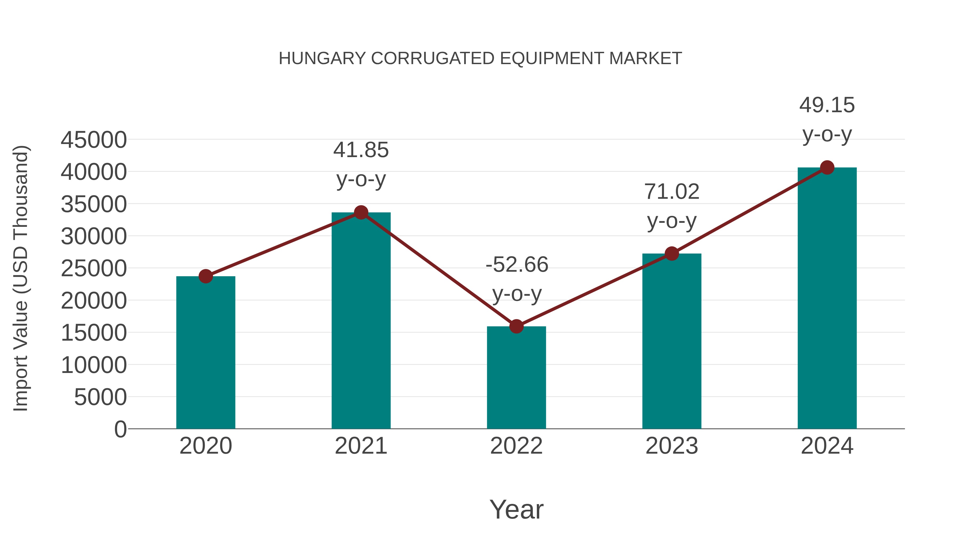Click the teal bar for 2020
(x=206, y=353)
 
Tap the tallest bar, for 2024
(x=827, y=299)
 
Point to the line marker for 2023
(x=672, y=254)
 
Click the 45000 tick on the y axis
(x=94, y=140)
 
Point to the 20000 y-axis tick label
(x=94, y=301)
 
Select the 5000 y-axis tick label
(x=100, y=397)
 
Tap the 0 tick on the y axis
(x=120, y=429)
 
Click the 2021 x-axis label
(x=361, y=446)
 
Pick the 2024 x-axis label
(x=827, y=446)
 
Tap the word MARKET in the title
(x=645, y=59)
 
